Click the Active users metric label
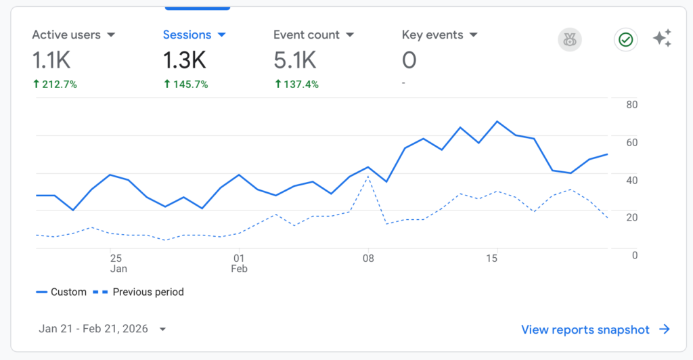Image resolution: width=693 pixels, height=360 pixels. click(x=66, y=35)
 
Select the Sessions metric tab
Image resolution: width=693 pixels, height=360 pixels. click(x=187, y=35)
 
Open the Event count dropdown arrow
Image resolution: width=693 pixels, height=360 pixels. click(x=350, y=35)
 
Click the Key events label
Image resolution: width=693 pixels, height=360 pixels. click(x=432, y=35)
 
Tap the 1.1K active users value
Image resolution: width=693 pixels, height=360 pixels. click(x=51, y=61)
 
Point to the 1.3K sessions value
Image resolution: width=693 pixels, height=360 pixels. click(x=184, y=61)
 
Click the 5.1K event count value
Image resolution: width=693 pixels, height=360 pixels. click(x=294, y=61)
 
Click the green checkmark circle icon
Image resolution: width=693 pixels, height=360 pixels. click(x=625, y=40)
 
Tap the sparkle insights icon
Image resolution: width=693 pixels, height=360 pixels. click(x=662, y=39)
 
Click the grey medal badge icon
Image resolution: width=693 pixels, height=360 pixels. click(x=569, y=40)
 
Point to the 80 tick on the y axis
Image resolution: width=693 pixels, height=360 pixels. click(x=632, y=105)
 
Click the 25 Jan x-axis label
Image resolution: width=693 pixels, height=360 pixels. click(x=118, y=263)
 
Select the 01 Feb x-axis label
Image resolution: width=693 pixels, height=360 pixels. click(x=239, y=263)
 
